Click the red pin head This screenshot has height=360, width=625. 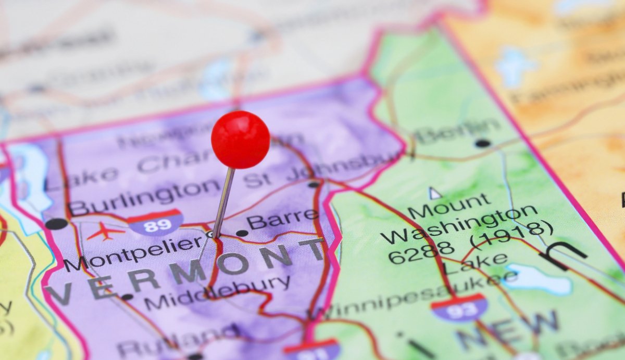tap(240, 139)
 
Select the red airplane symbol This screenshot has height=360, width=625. tap(106, 231)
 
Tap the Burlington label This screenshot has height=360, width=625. tap(144, 196)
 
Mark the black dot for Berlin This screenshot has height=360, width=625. tap(482, 143)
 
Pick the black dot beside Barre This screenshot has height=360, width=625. tap(242, 233)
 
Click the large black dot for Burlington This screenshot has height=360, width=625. tap(56, 224)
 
